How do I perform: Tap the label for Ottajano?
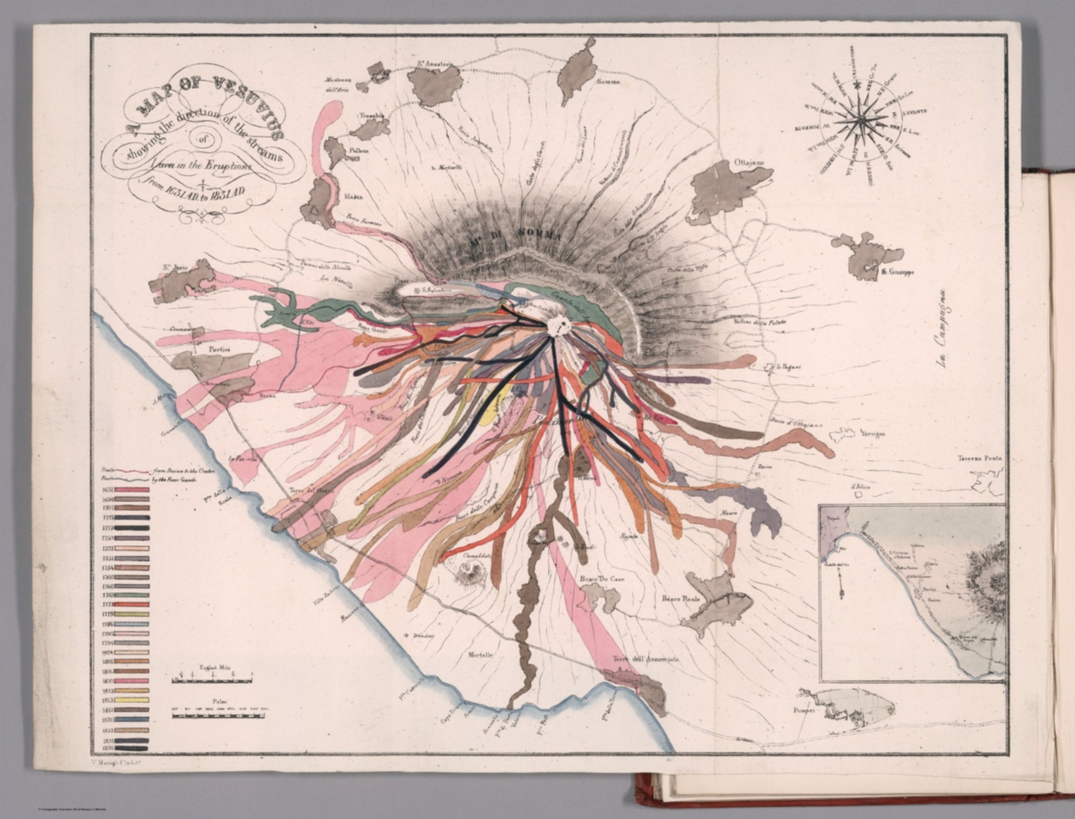750,162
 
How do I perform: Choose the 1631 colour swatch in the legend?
132,490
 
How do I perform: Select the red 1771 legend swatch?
132,603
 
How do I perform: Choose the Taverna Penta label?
980,458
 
